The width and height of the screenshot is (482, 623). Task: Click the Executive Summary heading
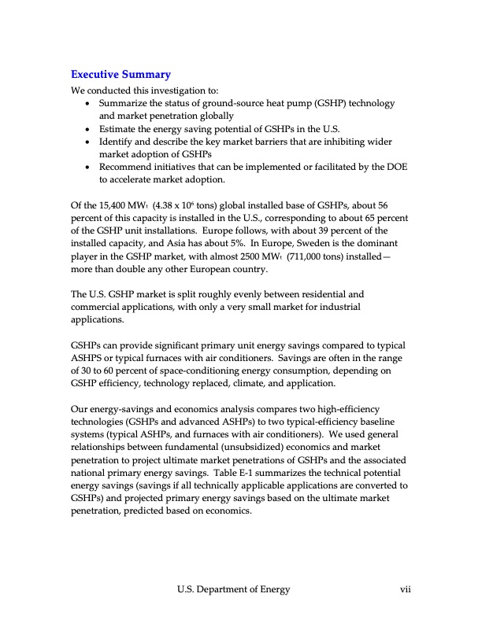click(120, 75)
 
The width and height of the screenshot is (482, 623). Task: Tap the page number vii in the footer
click(406, 589)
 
